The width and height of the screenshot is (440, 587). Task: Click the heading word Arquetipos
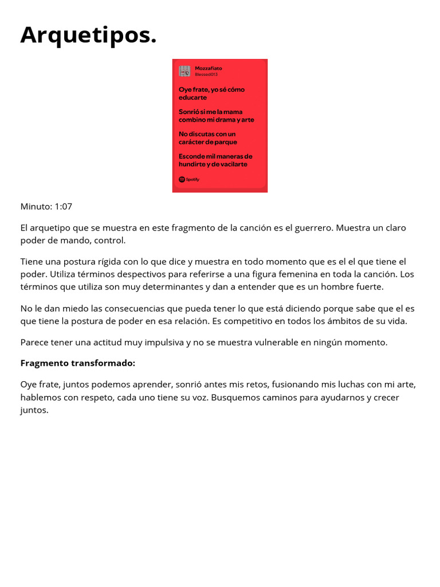(x=88, y=36)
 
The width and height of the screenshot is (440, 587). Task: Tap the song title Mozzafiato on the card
(x=209, y=68)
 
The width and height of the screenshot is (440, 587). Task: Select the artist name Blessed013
(x=206, y=75)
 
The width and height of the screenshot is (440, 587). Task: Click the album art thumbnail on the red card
(x=184, y=71)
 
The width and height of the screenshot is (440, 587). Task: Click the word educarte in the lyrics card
(x=193, y=97)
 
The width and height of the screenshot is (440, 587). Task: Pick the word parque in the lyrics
(x=226, y=142)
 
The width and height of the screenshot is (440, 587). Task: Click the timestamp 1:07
(x=63, y=206)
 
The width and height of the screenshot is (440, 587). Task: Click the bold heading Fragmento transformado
(x=78, y=363)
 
